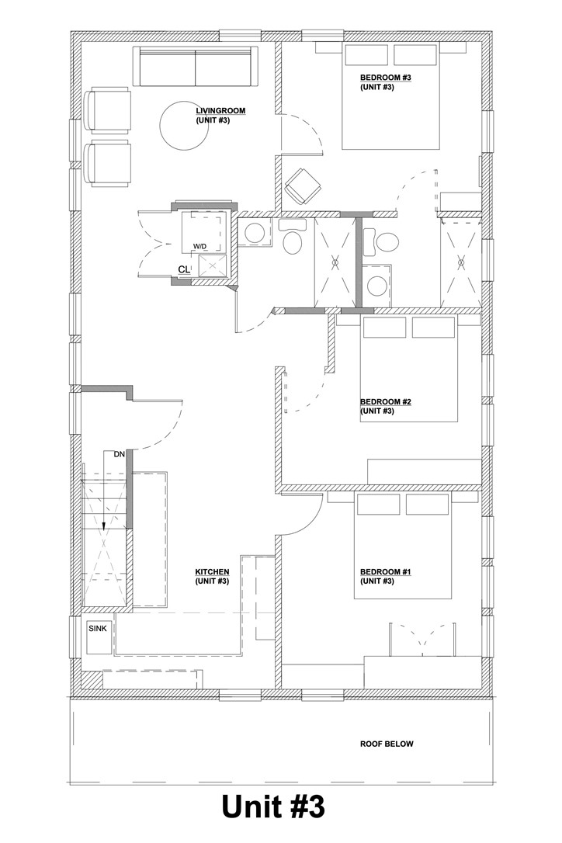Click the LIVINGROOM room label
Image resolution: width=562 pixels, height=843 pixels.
(220, 111)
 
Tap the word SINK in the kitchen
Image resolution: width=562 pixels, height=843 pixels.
(97, 628)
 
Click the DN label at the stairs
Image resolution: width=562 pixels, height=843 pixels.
(119, 454)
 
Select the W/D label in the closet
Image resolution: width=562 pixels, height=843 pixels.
(199, 247)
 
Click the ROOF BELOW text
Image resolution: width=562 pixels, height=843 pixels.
(387, 744)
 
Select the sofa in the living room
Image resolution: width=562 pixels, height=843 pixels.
(196, 67)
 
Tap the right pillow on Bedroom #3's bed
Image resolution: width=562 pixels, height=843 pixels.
(416, 55)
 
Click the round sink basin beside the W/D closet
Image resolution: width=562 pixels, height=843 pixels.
(252, 233)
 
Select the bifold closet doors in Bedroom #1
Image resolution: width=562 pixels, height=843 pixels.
(420, 638)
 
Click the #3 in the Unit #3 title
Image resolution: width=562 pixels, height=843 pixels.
(303, 808)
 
